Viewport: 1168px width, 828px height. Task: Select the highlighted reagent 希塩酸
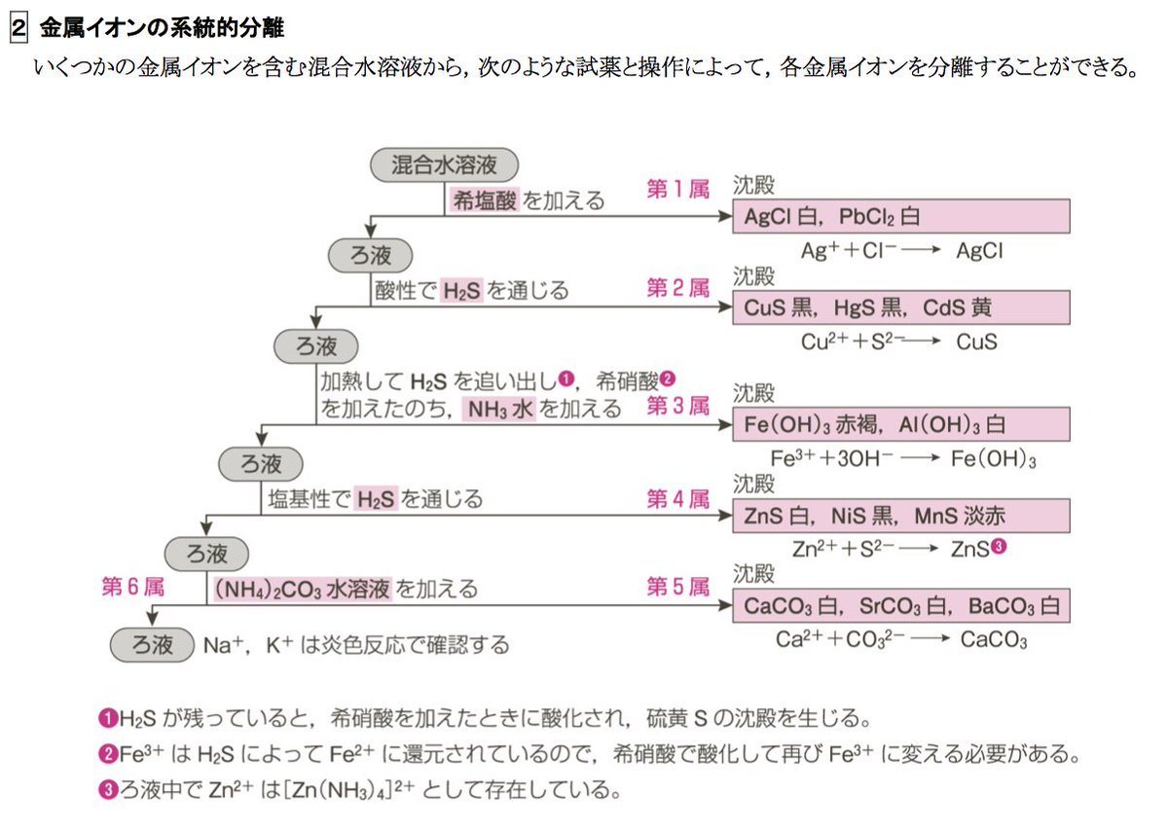(x=485, y=201)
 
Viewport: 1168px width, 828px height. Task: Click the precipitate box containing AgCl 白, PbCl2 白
(x=900, y=216)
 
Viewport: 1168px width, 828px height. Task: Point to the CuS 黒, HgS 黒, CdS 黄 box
(x=900, y=308)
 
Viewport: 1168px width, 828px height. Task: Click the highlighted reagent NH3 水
(x=500, y=409)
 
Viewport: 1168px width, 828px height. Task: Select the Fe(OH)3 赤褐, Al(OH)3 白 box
(x=900, y=425)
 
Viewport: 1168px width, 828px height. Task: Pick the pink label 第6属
(x=132, y=587)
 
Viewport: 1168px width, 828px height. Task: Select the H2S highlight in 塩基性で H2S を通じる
(x=376, y=499)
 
